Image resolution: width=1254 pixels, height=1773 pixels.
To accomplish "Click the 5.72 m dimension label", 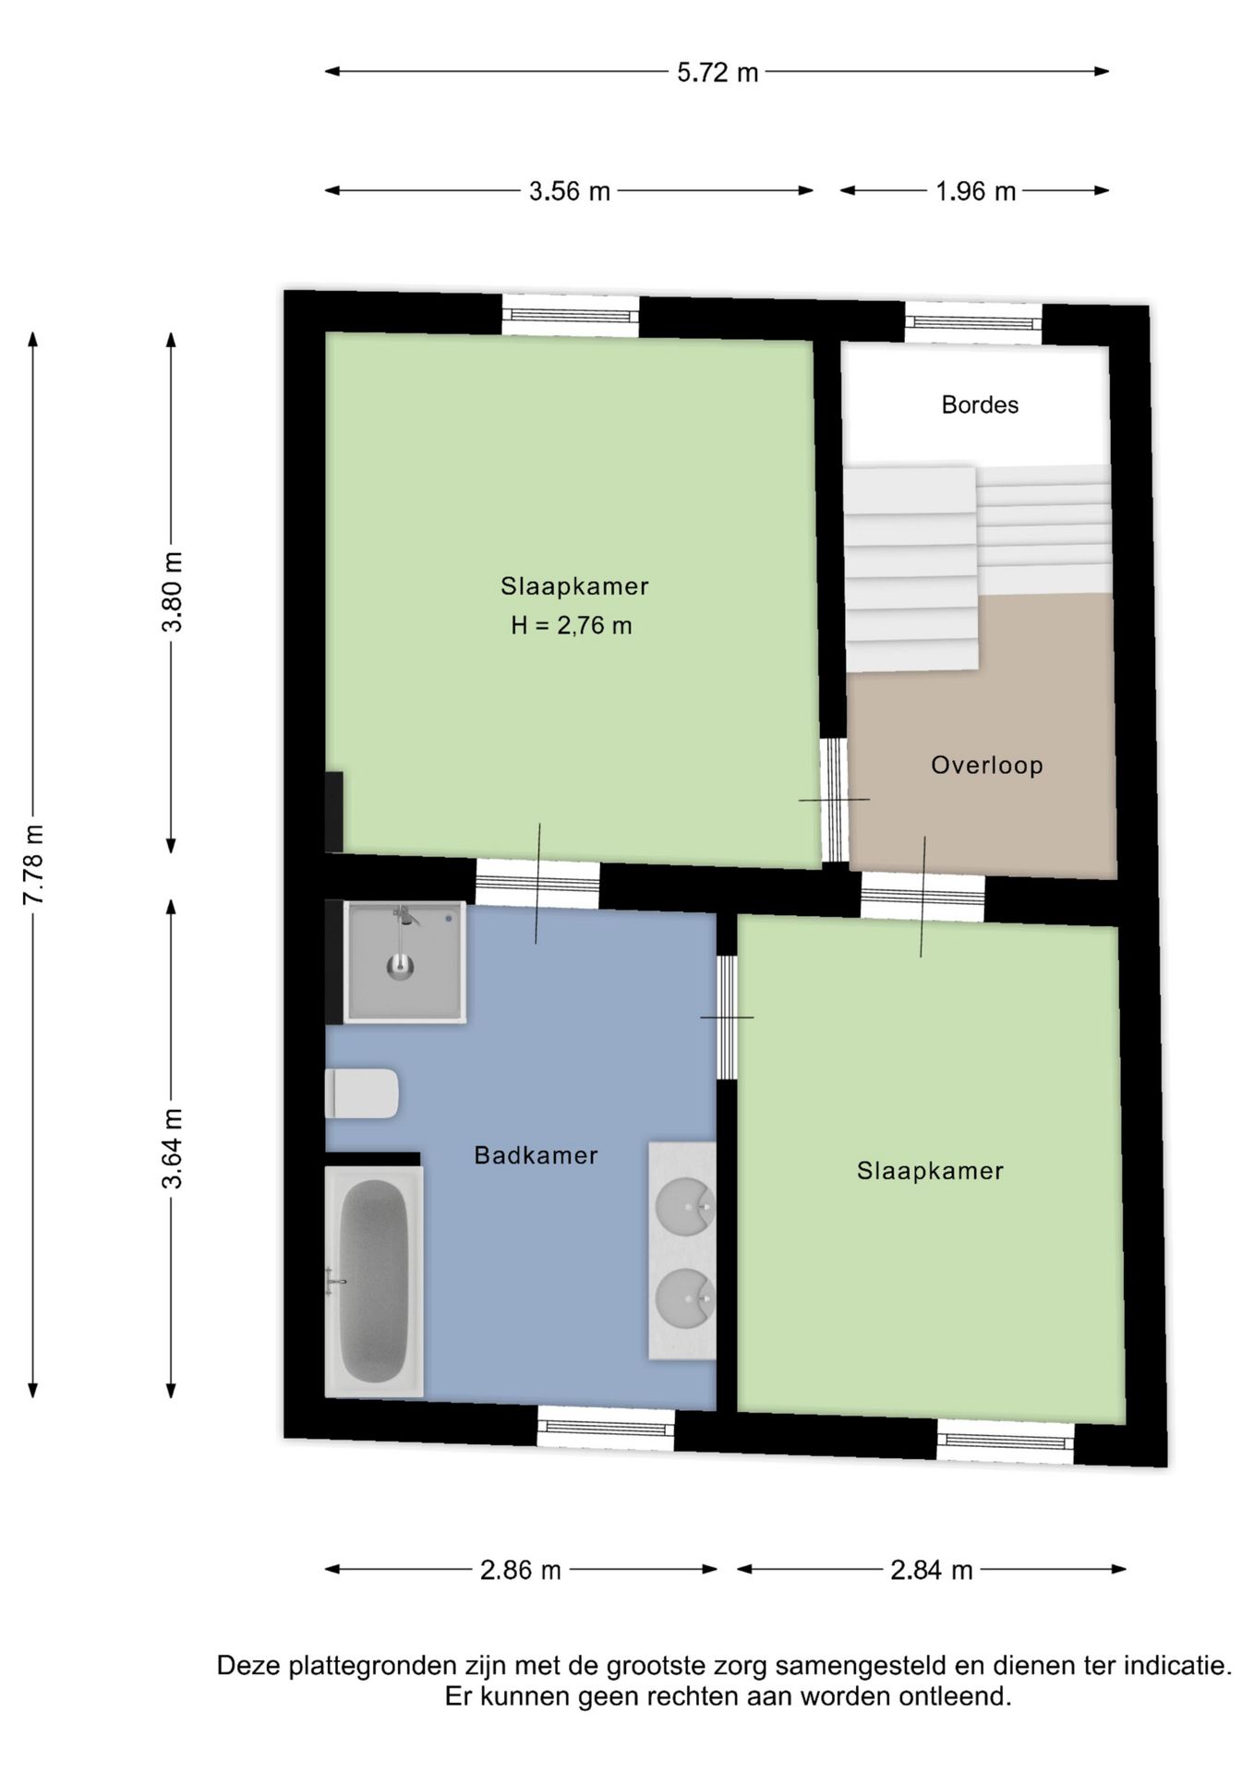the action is coord(717,72).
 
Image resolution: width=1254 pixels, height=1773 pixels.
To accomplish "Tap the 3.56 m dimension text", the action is coord(570,191).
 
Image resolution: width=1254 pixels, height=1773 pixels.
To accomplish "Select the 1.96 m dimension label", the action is coord(975,191).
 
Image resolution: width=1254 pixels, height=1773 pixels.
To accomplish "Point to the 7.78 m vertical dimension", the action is coord(33,864).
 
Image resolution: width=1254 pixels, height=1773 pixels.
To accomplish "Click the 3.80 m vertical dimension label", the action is coord(172,591).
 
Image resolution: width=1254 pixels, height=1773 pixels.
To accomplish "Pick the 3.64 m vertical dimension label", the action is coord(172,1149).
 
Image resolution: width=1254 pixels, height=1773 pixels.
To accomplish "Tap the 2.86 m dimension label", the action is coord(521,1570).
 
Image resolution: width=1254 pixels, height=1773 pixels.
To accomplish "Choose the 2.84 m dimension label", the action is coord(931,1570).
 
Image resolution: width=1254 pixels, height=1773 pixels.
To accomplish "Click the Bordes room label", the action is coord(980,404).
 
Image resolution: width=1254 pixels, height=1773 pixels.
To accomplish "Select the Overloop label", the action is coord(986,765).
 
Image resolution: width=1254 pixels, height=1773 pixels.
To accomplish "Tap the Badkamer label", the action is coord(536,1154).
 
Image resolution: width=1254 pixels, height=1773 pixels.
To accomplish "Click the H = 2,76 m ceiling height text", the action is coord(572,625).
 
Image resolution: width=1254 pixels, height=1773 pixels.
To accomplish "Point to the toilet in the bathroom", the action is coord(362,1093).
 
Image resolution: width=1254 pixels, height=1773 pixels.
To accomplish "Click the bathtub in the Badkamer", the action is coord(374,1281).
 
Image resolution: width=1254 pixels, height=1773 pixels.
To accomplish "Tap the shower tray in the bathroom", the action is coord(404,962).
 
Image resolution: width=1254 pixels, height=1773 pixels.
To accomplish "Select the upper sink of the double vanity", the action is coord(684,1204).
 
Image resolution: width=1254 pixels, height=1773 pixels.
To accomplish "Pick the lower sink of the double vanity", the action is coord(684,1298).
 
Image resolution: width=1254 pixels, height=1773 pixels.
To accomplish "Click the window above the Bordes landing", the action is coord(973,322).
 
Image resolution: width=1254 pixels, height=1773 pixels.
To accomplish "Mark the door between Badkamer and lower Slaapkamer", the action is coord(728,1017).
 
